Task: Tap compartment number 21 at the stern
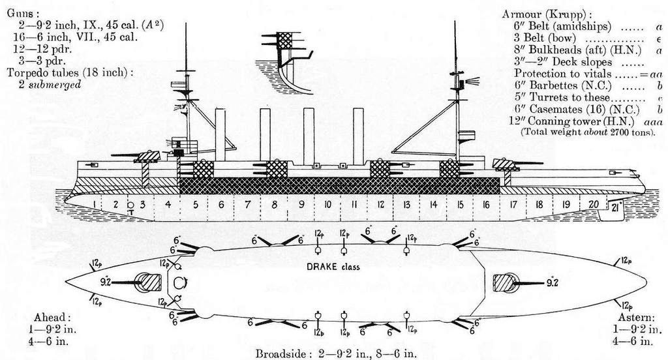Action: point(615,207)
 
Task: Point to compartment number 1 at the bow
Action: point(95,204)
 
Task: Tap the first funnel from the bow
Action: point(220,134)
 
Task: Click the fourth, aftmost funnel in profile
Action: point(358,134)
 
